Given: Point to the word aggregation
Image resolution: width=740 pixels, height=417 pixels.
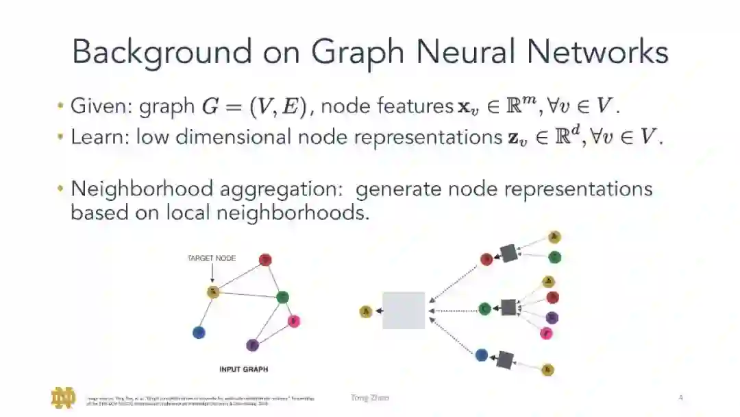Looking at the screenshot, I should [273, 189].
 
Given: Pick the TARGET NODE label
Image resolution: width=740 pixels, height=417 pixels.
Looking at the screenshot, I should [212, 259].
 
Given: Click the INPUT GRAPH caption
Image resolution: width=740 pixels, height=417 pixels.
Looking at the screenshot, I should [243, 369].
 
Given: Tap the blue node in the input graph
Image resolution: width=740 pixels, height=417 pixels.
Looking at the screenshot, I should [199, 333].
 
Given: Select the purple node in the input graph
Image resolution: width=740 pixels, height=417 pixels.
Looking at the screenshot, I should [252, 345].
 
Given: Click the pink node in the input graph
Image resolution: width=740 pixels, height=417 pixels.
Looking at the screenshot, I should [294, 321].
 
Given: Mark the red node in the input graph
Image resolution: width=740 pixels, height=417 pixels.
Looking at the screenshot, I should [266, 260].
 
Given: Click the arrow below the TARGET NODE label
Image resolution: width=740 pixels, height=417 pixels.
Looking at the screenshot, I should [213, 274].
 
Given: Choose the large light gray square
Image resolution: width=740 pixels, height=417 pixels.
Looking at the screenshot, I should [404, 311].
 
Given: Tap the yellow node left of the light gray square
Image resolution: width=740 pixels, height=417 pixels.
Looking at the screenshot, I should [366, 312].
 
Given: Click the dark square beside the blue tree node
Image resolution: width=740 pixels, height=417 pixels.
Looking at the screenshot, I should [505, 359].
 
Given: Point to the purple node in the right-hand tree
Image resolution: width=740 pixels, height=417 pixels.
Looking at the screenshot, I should [552, 318].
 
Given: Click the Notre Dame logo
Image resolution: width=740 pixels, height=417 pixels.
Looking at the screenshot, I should [63, 398].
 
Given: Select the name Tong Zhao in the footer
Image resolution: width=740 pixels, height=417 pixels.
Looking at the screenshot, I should [369, 397].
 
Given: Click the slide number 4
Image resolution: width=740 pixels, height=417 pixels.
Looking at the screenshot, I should [680, 397].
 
